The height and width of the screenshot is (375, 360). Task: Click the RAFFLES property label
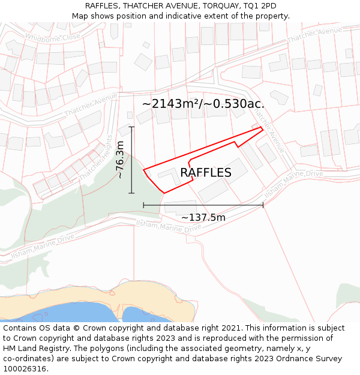pos(205,173)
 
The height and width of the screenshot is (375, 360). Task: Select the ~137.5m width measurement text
pos(203,217)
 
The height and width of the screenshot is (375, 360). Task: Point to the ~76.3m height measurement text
pos(120,160)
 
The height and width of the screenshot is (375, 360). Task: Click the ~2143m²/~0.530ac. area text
pos(203,104)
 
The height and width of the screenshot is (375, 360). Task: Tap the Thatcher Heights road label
pos(95,157)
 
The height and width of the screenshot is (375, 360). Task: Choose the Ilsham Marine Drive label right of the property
pos(293,182)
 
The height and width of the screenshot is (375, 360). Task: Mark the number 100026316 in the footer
pos(26,368)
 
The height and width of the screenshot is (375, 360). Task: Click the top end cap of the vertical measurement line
pos(132,127)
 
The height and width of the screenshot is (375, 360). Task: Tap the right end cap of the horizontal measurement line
pos(263,205)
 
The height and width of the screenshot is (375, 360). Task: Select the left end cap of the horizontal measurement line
pos(143,205)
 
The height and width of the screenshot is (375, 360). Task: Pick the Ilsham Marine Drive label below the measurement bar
pos(169,226)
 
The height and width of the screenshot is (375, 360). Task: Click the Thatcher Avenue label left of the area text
pos(91,104)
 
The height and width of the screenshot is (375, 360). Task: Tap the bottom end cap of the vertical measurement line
pos(132,193)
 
